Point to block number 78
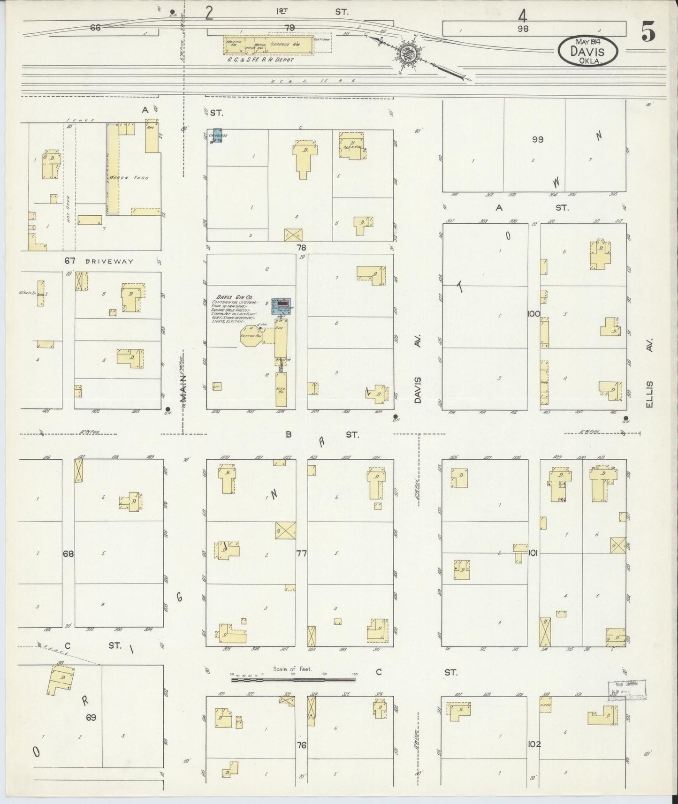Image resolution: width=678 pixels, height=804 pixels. click(x=301, y=247)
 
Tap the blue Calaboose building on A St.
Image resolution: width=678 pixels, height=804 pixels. click(x=217, y=136)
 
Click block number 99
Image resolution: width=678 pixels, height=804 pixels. click(x=538, y=139)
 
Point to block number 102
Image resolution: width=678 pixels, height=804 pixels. click(x=534, y=744)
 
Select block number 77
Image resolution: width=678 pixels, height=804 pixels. click(x=301, y=554)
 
